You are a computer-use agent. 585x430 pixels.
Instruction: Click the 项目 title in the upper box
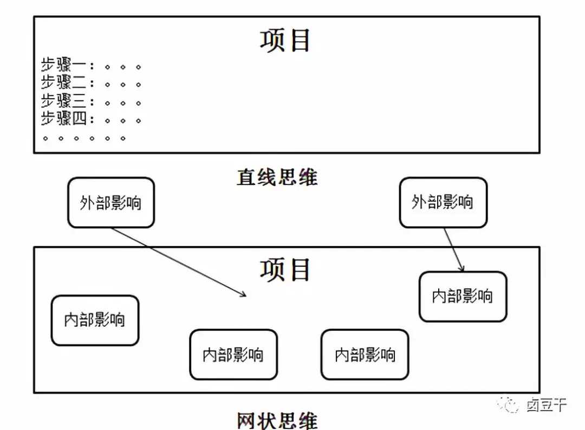coord(285,40)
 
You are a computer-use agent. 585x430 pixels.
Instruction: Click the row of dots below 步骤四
coord(84,138)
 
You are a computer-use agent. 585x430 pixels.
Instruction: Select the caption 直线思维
coord(277,177)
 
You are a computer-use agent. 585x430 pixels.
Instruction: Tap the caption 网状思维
coord(277,420)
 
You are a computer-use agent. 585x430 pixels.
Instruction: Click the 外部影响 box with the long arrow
coord(111,203)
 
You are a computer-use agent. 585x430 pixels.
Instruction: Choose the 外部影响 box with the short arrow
coord(443,202)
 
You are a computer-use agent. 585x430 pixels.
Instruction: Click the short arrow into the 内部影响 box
coord(454,249)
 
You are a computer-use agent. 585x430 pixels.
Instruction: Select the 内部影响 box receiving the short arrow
coord(463,296)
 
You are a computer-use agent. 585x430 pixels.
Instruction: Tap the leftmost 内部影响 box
coord(95,320)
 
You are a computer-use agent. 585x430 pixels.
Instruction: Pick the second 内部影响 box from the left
coord(233,355)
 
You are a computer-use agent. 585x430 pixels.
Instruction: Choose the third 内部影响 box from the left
coord(365,355)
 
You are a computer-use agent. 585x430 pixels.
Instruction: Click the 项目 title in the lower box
coord(285,269)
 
